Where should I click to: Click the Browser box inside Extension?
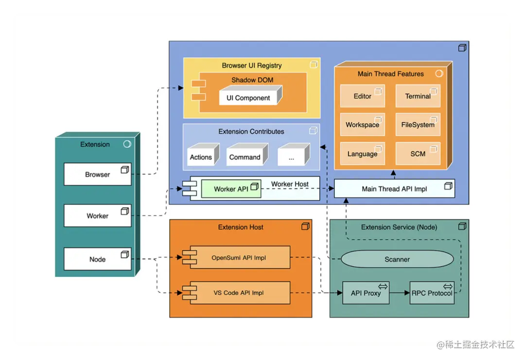click(x=97, y=174)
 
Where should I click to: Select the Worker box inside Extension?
click(x=97, y=216)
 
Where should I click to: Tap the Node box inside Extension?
click(x=97, y=259)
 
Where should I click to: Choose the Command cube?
click(x=247, y=155)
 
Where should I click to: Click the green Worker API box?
click(x=231, y=189)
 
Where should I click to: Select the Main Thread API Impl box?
click(x=394, y=189)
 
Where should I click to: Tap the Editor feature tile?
click(x=362, y=96)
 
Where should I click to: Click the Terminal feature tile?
click(x=418, y=96)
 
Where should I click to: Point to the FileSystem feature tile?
click(x=418, y=125)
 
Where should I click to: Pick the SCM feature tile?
click(x=418, y=154)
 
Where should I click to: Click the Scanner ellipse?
click(x=397, y=259)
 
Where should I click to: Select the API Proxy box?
click(x=366, y=293)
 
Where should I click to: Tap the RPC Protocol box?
click(x=432, y=293)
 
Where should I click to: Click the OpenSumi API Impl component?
click(x=236, y=257)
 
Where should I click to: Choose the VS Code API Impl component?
click(x=236, y=293)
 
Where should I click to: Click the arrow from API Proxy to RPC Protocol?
click(x=400, y=293)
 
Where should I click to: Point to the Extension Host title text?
click(x=241, y=227)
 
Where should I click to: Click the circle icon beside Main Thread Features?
click(x=439, y=73)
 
